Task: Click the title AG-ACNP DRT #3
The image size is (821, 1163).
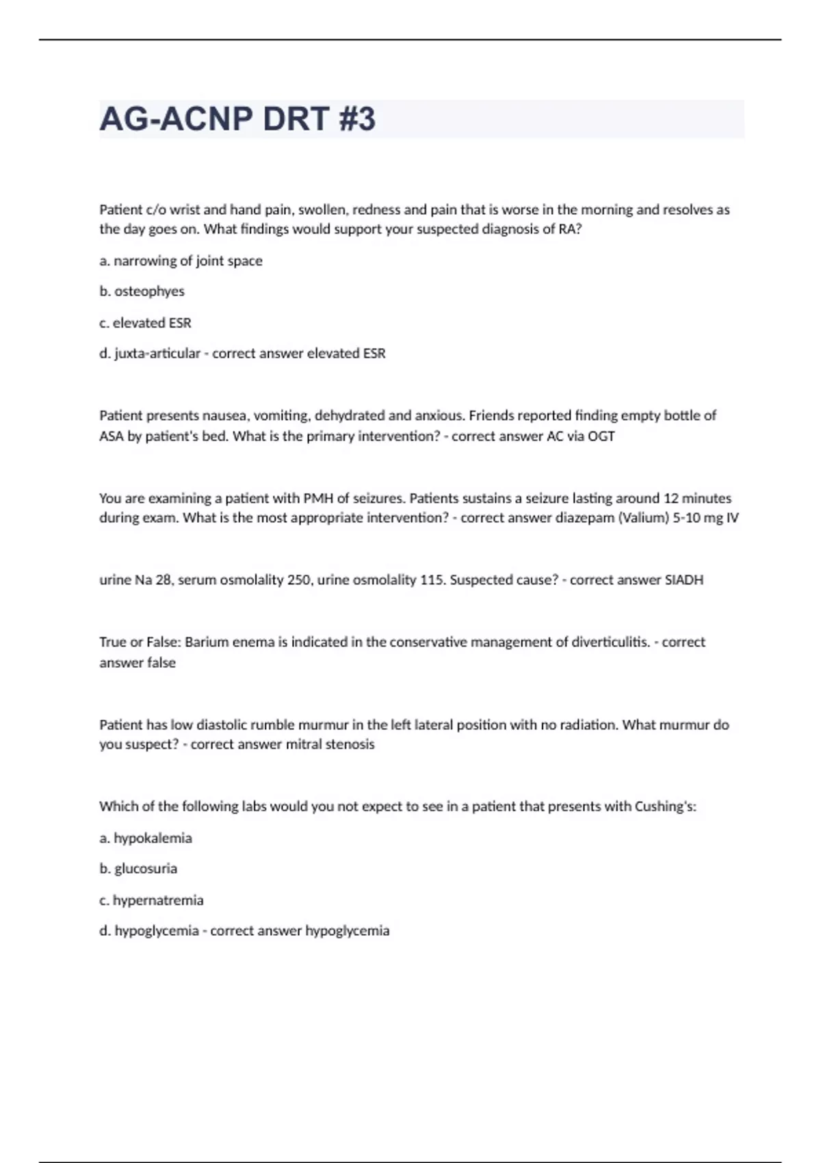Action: (237, 119)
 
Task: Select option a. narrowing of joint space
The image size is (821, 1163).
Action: (181, 261)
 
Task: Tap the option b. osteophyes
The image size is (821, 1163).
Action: (142, 291)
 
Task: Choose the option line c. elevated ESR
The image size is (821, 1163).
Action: (145, 323)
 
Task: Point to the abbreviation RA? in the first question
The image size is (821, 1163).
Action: (570, 229)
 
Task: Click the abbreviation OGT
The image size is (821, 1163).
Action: (601, 436)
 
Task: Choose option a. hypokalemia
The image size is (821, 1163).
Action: (146, 838)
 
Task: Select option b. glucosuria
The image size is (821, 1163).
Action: (138, 869)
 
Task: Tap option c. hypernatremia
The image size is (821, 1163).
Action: (151, 900)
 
